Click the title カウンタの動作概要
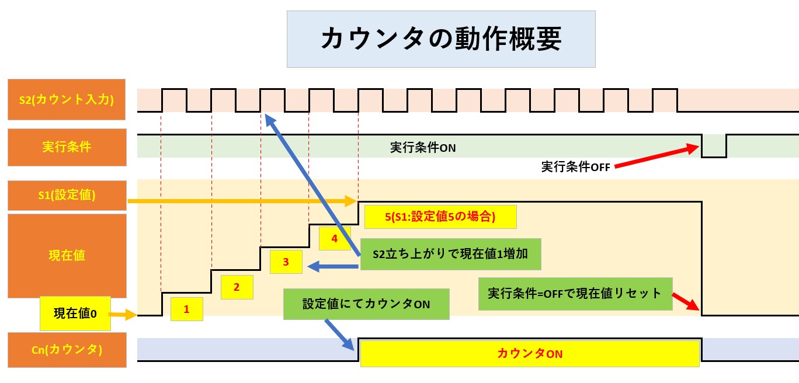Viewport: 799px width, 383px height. pos(441,39)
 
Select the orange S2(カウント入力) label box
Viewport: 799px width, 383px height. pos(67,99)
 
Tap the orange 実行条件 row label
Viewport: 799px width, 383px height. pos(67,147)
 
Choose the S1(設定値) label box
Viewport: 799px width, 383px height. pos(67,195)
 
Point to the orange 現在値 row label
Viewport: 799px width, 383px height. pos(67,256)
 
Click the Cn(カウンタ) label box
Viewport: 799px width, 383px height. pos(67,350)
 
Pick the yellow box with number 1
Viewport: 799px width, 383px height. pos(186,309)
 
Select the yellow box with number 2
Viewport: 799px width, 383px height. pos(237,287)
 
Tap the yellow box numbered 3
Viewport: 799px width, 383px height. pos(286,262)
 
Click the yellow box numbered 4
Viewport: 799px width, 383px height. pos(334,238)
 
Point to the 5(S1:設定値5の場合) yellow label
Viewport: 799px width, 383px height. pos(440,217)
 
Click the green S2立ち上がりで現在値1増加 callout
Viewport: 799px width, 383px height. pos(450,254)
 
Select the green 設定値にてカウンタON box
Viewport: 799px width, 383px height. pos(366,304)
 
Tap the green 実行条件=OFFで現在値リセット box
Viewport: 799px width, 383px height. pos(575,293)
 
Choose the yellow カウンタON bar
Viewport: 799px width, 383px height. pos(529,354)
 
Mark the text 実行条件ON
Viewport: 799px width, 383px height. pos(423,148)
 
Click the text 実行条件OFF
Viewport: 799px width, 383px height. pos(575,167)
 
